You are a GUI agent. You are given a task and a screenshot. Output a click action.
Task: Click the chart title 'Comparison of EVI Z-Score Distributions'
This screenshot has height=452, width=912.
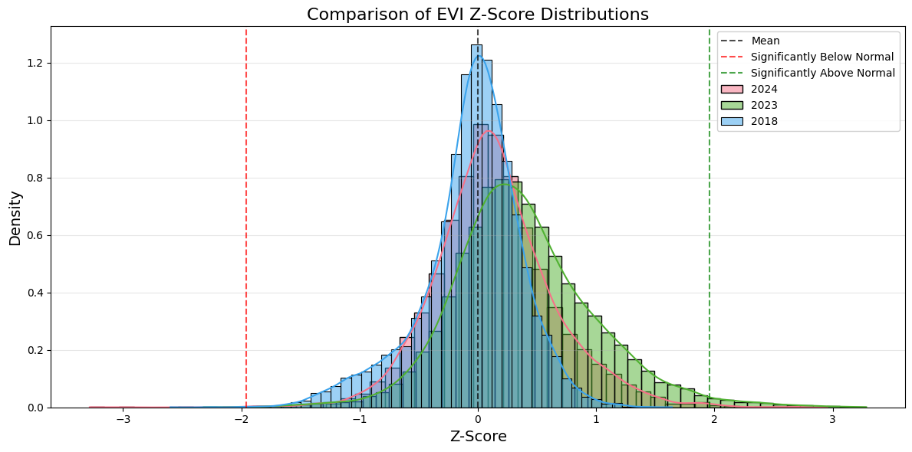[x=478, y=14]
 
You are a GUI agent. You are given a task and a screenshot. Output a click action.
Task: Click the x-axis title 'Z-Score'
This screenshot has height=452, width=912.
[x=478, y=437]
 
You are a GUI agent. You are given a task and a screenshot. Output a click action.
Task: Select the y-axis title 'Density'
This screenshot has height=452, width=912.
[x=15, y=218]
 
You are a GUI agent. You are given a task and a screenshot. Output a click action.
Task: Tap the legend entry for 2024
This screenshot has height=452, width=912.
[x=764, y=89]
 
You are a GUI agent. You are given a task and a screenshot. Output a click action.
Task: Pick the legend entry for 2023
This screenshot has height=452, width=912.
[x=764, y=105]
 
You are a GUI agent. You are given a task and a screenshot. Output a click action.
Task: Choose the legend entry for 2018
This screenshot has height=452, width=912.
[x=764, y=121]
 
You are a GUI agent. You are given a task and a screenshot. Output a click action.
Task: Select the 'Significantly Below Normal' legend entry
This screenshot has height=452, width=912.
[x=821, y=57]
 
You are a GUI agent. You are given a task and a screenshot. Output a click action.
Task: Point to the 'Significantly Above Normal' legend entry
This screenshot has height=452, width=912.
[x=822, y=73]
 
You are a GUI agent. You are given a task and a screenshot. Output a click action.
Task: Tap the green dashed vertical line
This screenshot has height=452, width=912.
[x=710, y=230]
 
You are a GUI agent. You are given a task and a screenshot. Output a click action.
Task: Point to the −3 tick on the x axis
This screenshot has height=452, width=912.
[x=123, y=419]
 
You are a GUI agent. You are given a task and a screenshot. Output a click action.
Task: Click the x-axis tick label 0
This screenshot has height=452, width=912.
[x=478, y=419]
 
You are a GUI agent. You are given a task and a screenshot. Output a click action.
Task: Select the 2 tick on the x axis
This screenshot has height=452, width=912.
[x=714, y=419]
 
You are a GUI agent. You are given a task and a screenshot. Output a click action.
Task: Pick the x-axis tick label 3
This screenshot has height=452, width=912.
[x=832, y=419]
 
